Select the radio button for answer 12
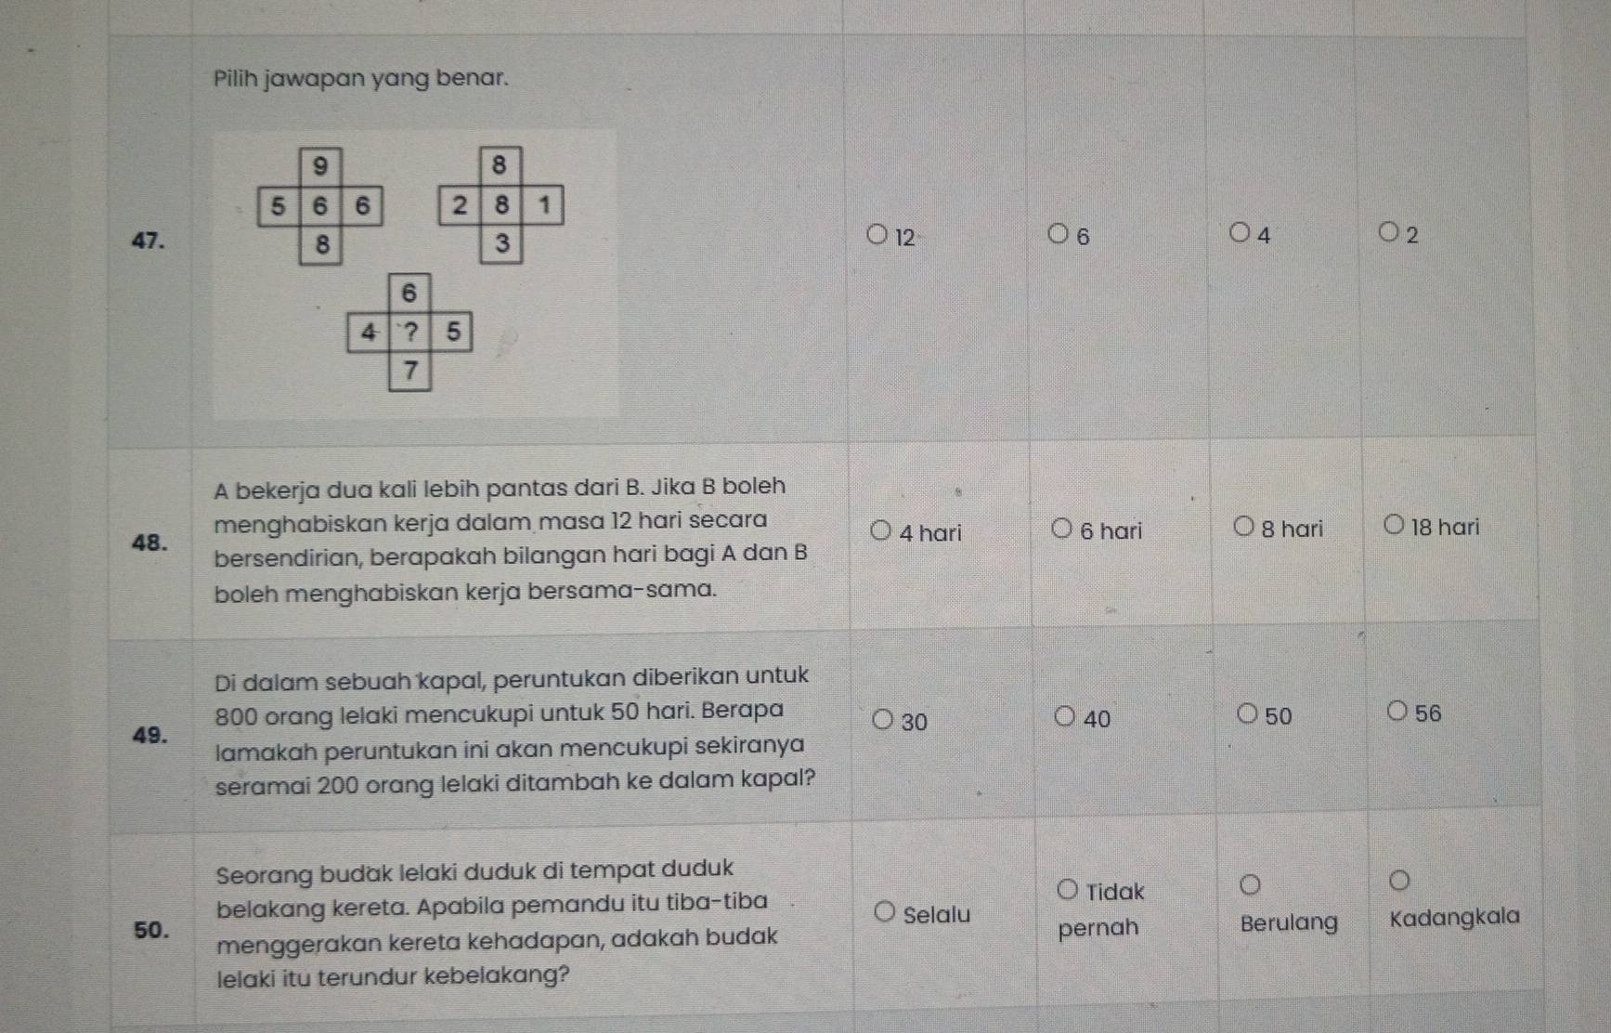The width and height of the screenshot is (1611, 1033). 877,234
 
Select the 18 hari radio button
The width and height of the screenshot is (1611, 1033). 1394,525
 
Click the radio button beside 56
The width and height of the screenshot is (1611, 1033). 1397,712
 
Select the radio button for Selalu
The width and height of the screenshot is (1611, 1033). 885,912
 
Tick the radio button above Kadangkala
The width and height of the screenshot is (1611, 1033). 1399,880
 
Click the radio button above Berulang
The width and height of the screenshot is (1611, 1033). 1251,883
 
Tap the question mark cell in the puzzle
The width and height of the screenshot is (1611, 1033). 409,332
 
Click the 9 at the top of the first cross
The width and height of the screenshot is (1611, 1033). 320,166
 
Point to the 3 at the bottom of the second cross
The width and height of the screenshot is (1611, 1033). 502,243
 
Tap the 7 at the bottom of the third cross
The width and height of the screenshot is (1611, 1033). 410,372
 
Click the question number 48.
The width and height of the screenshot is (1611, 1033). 150,543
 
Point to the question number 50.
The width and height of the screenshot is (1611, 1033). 152,930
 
